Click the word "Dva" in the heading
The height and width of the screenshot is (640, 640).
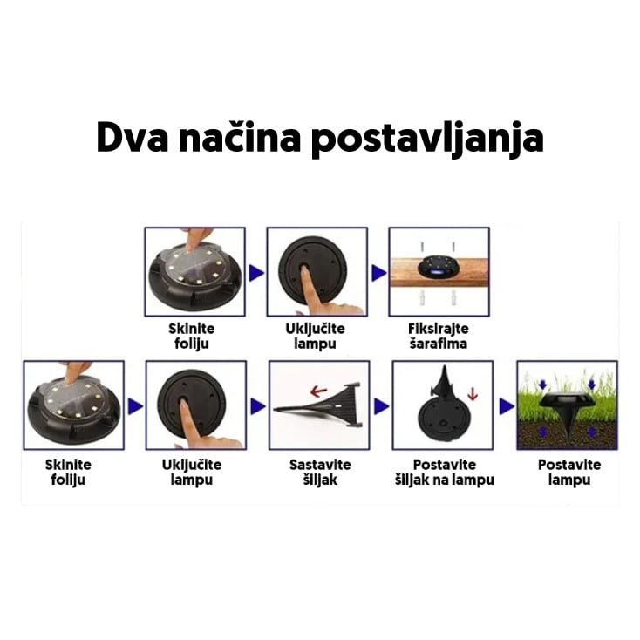tap(132, 137)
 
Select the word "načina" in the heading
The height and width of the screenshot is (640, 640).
tap(239, 137)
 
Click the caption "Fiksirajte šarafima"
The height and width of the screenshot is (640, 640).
tap(439, 336)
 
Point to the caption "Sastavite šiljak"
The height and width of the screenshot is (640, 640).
tap(320, 472)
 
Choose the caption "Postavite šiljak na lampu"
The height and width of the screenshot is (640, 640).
tap(445, 472)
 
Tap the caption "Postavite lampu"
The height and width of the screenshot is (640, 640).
tap(569, 472)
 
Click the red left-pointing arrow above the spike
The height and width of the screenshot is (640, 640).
tap(319, 391)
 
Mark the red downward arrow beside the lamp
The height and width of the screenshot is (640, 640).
tap(473, 393)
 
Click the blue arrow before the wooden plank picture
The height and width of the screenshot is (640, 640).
tap(379, 273)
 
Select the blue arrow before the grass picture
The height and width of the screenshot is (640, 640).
tap(507, 406)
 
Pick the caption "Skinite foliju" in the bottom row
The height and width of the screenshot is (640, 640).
tap(68, 472)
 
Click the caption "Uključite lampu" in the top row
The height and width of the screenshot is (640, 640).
tap(315, 336)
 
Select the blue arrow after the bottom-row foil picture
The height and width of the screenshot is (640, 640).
tap(135, 406)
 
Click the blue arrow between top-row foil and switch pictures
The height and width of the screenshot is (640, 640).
tap(256, 273)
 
